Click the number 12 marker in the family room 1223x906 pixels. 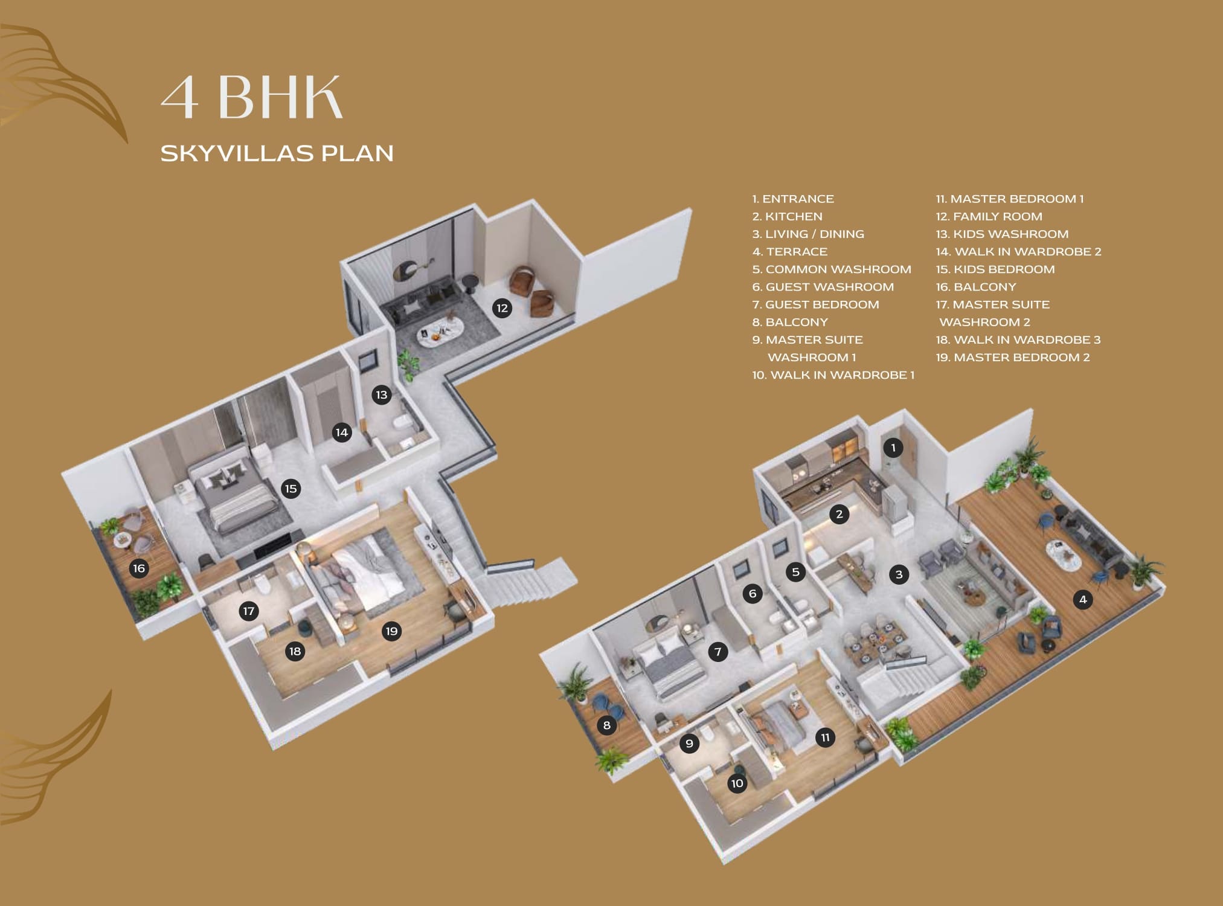[x=502, y=309]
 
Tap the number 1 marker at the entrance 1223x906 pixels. [x=893, y=448]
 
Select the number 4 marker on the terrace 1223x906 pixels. [x=1083, y=599]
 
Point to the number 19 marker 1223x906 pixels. [x=392, y=631]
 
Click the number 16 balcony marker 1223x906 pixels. [x=139, y=568]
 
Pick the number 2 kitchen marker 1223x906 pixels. [x=839, y=514]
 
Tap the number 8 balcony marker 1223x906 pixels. [x=607, y=725]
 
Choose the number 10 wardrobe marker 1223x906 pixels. [x=737, y=783]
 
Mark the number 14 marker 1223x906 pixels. [x=342, y=432]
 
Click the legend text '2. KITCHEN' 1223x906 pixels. [x=788, y=216]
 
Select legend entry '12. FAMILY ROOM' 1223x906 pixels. [x=989, y=216]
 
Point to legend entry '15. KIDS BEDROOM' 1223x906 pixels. [x=995, y=269]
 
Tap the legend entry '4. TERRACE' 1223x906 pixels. [x=790, y=252]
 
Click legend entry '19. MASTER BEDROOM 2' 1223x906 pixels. [x=1013, y=358]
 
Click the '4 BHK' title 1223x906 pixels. [x=252, y=97]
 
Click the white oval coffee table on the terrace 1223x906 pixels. [x=1064, y=554]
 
